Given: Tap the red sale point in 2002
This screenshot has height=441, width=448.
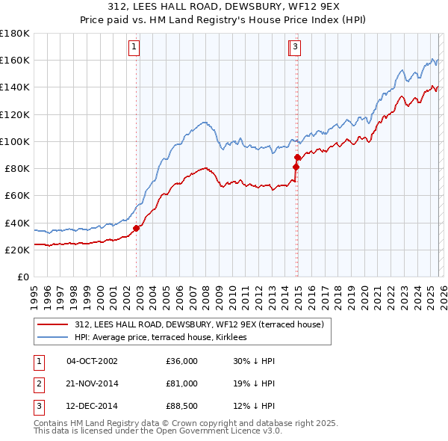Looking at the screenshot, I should (136, 228).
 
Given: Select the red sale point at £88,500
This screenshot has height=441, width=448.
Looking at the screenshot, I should (297, 157).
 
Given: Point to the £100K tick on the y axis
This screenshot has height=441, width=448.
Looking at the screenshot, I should (15, 141).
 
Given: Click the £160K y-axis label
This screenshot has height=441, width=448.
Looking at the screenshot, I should (15, 61).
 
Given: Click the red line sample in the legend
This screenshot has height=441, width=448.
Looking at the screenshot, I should (52, 325).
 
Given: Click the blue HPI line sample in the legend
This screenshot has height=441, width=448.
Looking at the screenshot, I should (52, 338).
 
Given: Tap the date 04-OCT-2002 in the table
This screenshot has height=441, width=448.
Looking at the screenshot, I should (92, 361).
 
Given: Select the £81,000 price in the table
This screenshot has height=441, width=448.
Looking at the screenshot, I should (182, 384).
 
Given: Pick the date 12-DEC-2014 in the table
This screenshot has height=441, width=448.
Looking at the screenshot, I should (92, 407).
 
